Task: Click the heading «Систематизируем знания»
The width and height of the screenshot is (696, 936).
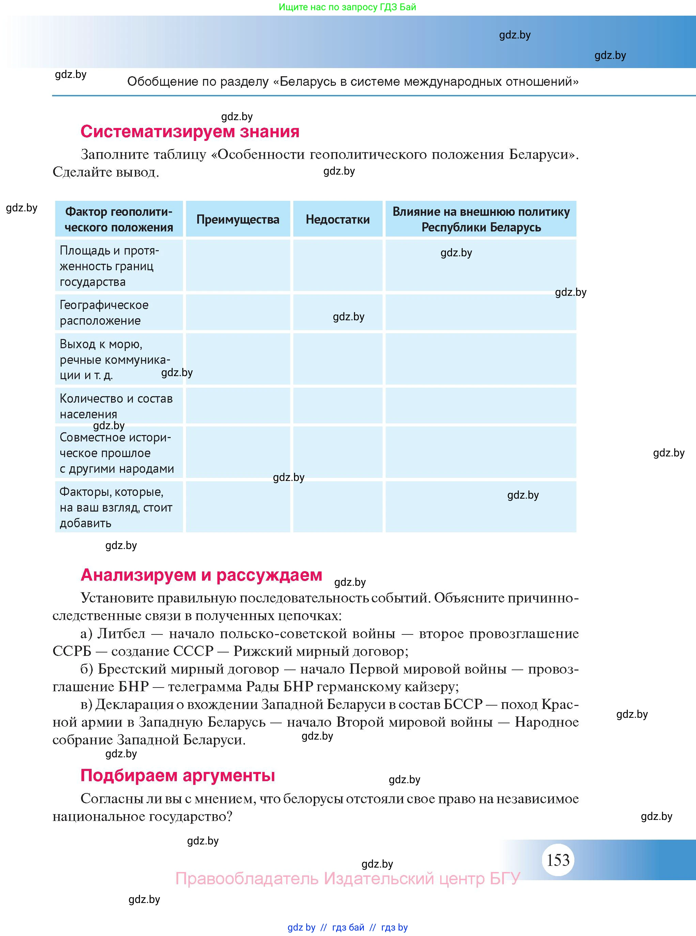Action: (190, 132)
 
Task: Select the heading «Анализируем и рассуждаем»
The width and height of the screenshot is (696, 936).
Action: (201, 575)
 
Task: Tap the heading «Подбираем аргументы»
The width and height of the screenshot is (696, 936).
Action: (177, 775)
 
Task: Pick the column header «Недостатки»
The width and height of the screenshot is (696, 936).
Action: (338, 220)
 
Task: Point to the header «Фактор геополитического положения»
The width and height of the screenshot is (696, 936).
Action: (119, 220)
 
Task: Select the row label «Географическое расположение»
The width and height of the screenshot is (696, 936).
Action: (104, 313)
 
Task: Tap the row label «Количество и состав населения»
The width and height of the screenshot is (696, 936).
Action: (116, 406)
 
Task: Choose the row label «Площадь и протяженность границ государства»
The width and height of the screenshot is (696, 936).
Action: (109, 266)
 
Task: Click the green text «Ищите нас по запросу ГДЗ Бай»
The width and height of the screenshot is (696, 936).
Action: (347, 7)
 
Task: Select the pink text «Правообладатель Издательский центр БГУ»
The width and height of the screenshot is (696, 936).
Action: (347, 878)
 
